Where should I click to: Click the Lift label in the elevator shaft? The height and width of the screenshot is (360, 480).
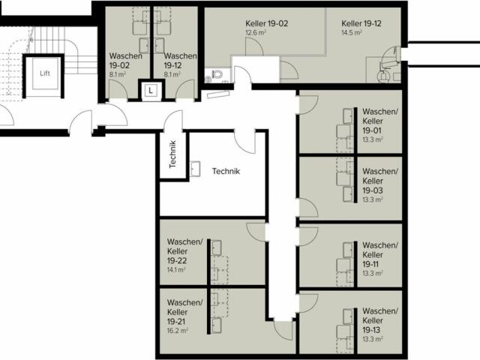pos(45,73)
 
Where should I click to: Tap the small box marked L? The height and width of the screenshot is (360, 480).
pos(151,91)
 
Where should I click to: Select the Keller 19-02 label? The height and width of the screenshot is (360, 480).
pos(267,23)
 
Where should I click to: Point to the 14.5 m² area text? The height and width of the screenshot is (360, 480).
pos(352,32)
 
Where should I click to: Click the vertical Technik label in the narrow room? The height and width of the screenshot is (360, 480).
pos(172,154)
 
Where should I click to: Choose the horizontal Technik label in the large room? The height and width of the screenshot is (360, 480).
pos(226,171)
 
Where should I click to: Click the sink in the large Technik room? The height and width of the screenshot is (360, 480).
pos(195,169)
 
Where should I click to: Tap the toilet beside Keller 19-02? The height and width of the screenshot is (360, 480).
pos(217,74)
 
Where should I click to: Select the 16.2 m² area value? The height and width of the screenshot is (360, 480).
pos(178,331)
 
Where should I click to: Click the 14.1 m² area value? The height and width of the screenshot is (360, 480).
pos(176,270)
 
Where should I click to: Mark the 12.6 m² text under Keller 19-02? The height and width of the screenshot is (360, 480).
pos(256,33)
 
